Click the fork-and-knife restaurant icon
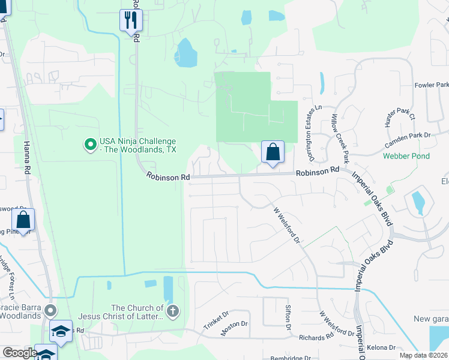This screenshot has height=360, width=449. click(x=130, y=20)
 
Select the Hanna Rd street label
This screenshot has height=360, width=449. click(x=26, y=158)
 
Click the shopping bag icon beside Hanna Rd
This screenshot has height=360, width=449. click(x=23, y=220)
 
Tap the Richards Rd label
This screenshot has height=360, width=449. click(x=313, y=338)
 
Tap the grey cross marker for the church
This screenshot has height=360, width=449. click(x=173, y=311)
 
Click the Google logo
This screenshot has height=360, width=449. click(x=20, y=353)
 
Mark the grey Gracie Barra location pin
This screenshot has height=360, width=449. click(x=51, y=311)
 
